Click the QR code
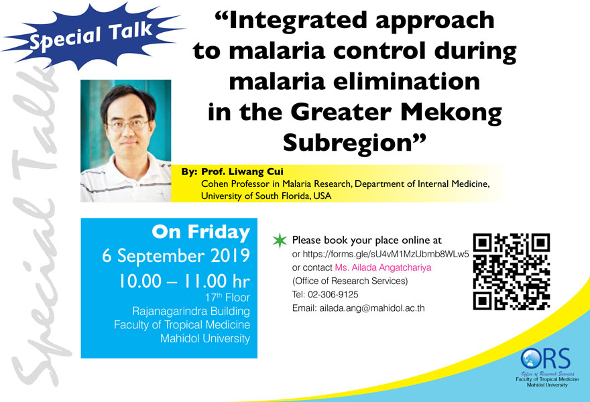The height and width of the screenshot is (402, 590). (512, 271)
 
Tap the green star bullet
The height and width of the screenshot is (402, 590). (280, 241)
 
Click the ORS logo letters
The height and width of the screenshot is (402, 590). (546, 358)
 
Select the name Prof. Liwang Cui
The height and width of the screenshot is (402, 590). (242, 172)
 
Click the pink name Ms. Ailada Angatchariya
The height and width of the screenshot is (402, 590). (383, 267)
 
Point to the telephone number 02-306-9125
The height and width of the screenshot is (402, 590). (333, 294)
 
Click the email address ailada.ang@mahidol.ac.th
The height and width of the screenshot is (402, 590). (372, 308)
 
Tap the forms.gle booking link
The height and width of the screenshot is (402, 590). (386, 254)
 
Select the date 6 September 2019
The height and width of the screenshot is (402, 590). (176, 256)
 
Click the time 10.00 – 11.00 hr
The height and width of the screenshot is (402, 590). (184, 281)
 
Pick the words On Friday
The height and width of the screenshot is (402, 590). (201, 232)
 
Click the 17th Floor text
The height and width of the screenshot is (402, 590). (227, 297)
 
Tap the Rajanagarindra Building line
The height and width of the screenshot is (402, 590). (191, 312)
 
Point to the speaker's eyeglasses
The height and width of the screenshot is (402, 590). (128, 125)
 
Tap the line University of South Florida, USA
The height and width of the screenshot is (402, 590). (266, 196)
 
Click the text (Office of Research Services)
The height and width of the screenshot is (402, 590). (350, 281)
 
